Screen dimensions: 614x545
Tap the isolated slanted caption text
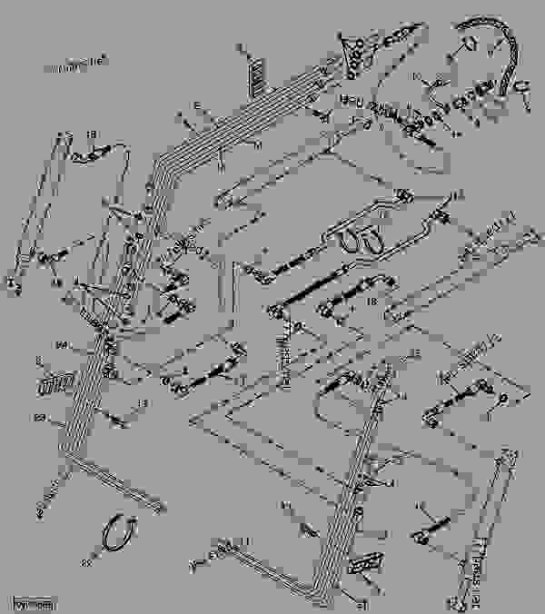[x=74, y=63]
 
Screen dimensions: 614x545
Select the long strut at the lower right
[x=485, y=527]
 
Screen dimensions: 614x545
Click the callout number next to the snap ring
[x=87, y=563]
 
